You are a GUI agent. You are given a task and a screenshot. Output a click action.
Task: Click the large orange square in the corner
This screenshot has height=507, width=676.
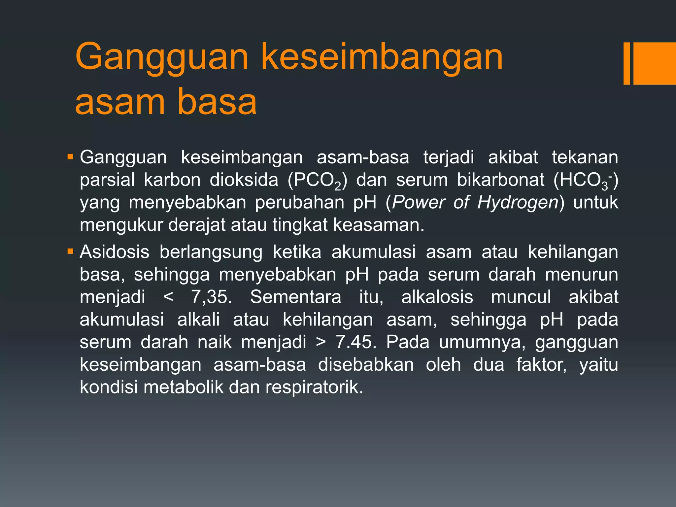655,63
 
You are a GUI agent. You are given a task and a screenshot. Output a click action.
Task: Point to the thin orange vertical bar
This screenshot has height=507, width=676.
626,63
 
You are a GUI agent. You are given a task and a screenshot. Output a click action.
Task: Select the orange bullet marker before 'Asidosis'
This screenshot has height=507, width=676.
70,252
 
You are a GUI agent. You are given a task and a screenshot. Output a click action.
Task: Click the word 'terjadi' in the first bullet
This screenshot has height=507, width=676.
449,157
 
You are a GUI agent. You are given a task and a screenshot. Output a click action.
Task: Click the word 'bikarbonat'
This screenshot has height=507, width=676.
500,180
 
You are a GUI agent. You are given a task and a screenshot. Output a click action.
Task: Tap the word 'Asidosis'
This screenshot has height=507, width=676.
115,252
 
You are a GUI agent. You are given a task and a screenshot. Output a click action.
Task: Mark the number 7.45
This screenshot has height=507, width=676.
356,342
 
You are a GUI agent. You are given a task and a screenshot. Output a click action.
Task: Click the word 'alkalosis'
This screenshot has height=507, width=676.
437,297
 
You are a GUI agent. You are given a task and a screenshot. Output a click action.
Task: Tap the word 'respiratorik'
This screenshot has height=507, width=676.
314,387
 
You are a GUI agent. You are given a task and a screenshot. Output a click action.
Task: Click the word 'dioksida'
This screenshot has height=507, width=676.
244,180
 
